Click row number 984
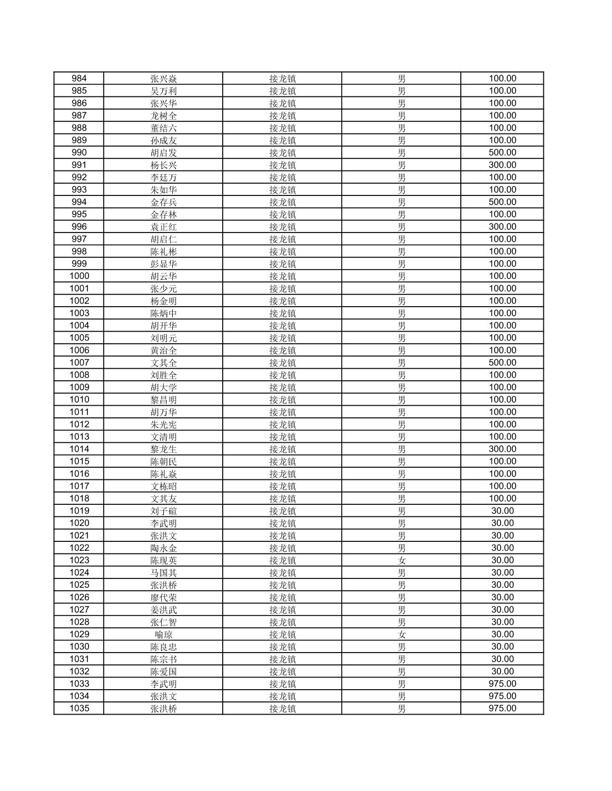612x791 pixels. [x=79, y=79]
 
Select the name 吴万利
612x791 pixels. [x=163, y=91]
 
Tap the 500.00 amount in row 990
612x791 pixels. [x=502, y=153]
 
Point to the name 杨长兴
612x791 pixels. [x=163, y=165]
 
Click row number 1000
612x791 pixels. [x=79, y=276]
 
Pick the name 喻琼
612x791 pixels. [x=163, y=634]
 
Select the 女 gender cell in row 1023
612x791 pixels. [x=402, y=560]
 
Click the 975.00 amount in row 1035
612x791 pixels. [x=502, y=709]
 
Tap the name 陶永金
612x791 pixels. [x=163, y=548]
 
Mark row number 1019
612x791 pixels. [x=79, y=511]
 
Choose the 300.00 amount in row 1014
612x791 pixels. [x=502, y=449]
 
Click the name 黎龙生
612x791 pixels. [x=163, y=449]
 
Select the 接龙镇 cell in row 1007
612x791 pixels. [x=282, y=363]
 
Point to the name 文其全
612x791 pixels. [x=163, y=363]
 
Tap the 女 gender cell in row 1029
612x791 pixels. [x=402, y=634]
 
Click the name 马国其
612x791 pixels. [x=163, y=572]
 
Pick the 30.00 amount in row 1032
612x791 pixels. [x=502, y=671]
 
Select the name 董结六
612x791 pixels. [x=163, y=128]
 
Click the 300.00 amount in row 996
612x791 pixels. [x=502, y=226]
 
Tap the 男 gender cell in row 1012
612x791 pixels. [x=402, y=425]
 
